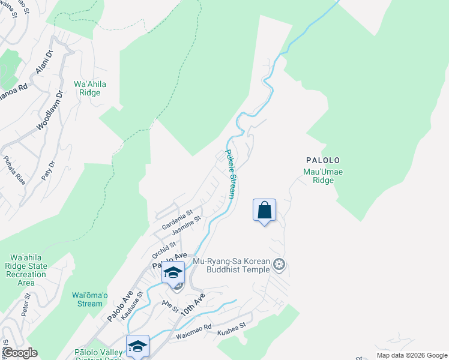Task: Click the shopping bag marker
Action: click(264, 211)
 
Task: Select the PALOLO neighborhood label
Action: click(323, 161)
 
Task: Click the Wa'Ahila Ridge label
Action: click(89, 88)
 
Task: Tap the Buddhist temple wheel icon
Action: click(279, 264)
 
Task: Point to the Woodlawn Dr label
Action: click(49, 111)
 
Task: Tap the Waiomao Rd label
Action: click(194, 332)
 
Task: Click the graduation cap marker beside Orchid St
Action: click(173, 273)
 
